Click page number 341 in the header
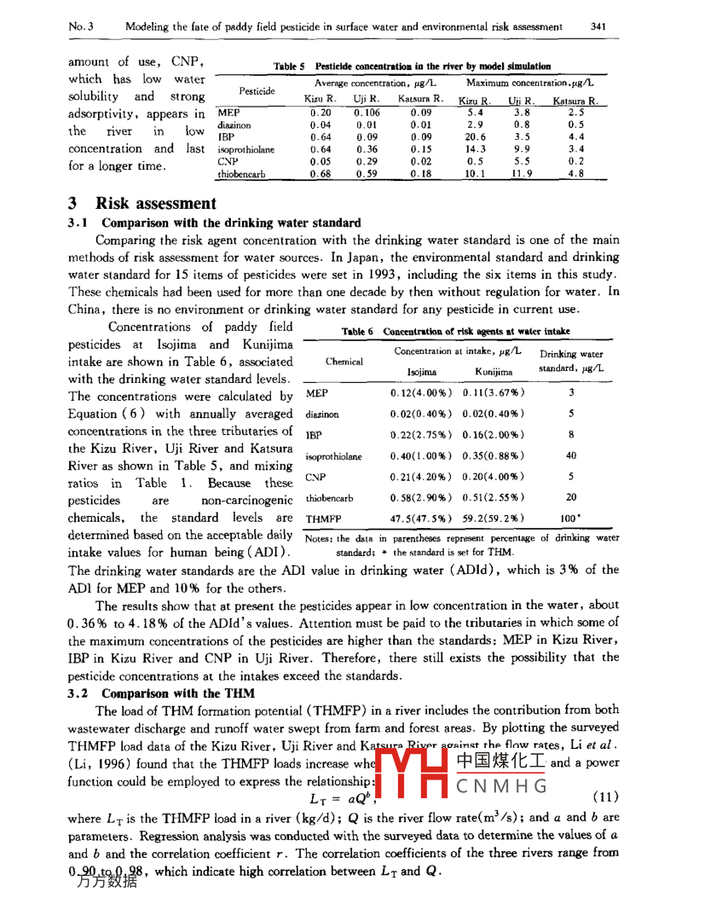point(598,26)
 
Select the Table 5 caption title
point(411,66)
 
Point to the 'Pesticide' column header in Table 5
point(257,90)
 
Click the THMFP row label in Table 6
point(322,518)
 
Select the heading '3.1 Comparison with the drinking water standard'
point(213,223)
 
